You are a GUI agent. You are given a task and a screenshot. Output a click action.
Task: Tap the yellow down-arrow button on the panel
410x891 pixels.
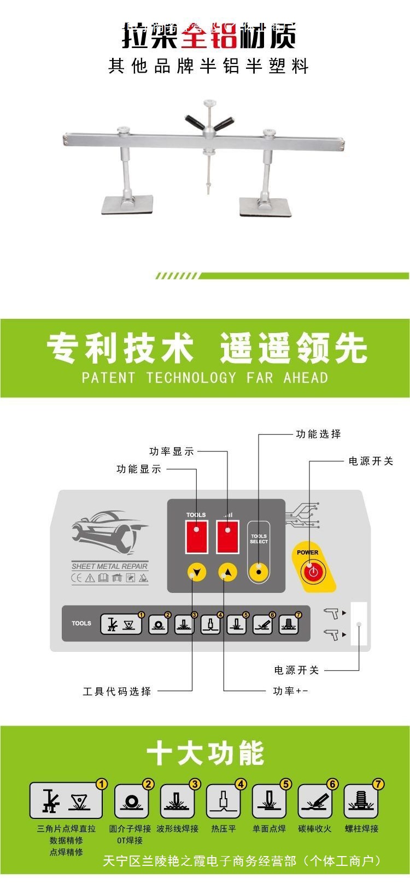[x=197, y=573]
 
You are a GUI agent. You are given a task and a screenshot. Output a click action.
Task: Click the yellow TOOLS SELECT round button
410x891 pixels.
[x=259, y=572]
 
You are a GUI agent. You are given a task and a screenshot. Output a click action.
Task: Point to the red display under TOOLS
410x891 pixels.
[x=196, y=537]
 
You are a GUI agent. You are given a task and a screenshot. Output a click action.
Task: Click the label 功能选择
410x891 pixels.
[x=318, y=434]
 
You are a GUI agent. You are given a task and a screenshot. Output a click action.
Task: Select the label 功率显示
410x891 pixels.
[x=171, y=452]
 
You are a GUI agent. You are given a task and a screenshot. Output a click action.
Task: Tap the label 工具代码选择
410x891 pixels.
[x=116, y=691]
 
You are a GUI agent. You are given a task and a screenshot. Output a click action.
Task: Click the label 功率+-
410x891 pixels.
[x=290, y=691]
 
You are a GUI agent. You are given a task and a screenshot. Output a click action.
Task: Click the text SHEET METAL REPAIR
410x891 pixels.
[x=110, y=566]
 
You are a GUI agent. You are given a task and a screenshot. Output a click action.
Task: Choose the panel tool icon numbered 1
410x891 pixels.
[x=121, y=624]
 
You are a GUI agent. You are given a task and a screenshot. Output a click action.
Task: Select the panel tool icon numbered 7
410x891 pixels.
[x=289, y=624]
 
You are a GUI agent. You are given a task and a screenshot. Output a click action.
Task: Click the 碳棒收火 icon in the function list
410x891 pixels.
[x=315, y=801]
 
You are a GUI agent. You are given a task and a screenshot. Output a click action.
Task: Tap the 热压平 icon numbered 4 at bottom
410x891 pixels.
[x=223, y=801]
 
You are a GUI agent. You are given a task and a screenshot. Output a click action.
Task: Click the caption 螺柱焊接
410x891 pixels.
[x=361, y=829]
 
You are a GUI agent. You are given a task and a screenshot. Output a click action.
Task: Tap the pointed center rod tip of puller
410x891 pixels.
[x=208, y=191]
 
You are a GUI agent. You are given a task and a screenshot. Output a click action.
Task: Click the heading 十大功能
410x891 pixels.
[x=206, y=754]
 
